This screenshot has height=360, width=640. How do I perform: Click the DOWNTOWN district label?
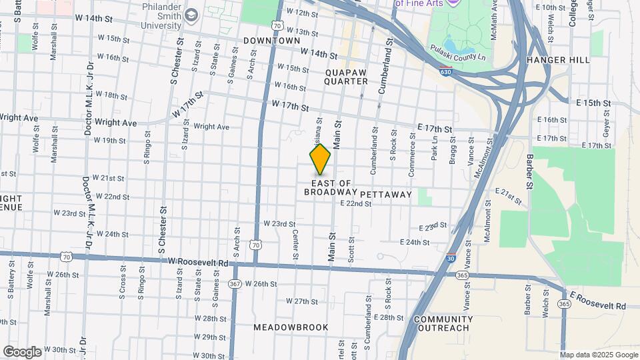click(272, 41)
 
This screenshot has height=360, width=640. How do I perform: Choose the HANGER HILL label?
click(558, 60)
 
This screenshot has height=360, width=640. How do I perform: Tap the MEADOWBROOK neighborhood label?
click(291, 327)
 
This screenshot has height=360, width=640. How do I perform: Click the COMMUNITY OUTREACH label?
click(443, 323)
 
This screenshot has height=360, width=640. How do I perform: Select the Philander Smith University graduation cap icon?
click(191, 15)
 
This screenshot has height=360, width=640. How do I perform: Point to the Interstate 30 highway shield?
click(451, 258)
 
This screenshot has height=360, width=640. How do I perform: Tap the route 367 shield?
click(235, 283)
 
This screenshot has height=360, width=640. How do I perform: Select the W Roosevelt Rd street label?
click(199, 263)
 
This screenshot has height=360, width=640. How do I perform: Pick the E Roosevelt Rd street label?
click(596, 300)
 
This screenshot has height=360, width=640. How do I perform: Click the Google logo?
click(22, 351)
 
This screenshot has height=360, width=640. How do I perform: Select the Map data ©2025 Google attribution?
click(599, 355)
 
